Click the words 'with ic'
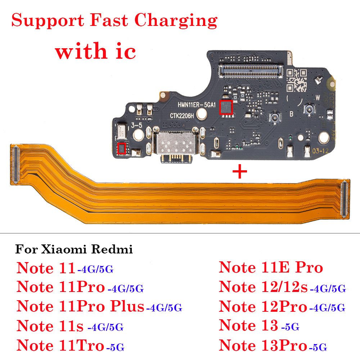pos(95,51)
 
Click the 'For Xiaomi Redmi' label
pos(74,249)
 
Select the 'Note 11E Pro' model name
pos(271,267)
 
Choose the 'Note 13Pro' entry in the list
pos(263,346)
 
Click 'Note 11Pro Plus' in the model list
pos(80,307)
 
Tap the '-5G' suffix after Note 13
pos(290,327)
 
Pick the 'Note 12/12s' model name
pos(263,287)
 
